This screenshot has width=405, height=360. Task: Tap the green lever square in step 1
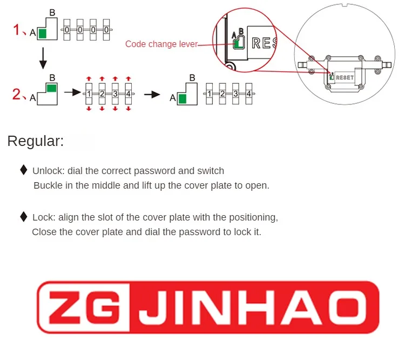click(x=43, y=34)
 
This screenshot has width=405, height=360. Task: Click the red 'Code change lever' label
click(x=161, y=44)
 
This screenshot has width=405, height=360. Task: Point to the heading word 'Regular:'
click(x=36, y=142)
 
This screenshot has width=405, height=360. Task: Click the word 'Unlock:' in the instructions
click(x=48, y=171)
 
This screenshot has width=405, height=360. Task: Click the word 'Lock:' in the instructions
click(x=43, y=217)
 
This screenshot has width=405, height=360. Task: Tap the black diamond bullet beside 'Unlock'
click(x=23, y=170)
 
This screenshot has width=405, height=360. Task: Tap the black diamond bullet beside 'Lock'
click(x=23, y=217)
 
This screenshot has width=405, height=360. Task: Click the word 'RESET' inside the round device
click(x=345, y=77)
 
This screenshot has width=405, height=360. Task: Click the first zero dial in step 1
click(x=67, y=29)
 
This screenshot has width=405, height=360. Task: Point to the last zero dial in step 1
click(x=107, y=29)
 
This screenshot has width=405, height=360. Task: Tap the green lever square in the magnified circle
click(x=237, y=43)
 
